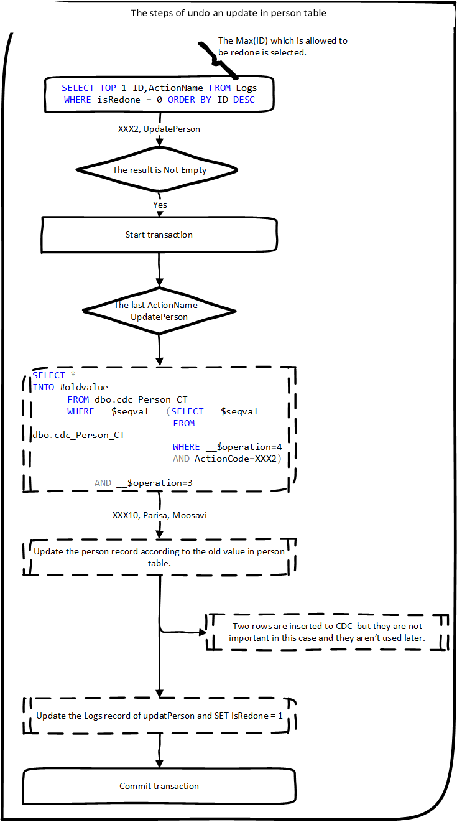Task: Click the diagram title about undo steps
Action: (228, 12)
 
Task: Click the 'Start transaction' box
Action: (159, 235)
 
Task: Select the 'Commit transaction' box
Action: (159, 786)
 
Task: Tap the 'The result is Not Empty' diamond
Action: (159, 170)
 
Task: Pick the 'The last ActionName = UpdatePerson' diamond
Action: (159, 311)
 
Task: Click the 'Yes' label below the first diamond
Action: (160, 205)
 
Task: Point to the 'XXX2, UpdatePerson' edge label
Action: (159, 129)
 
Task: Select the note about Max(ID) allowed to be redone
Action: (282, 47)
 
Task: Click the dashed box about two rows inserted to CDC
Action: (327, 632)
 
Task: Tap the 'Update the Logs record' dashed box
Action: (159, 716)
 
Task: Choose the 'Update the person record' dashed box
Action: (159, 557)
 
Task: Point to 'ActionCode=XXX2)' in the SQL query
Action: (238, 459)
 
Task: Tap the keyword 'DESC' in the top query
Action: (244, 100)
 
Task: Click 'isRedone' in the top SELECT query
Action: (111, 100)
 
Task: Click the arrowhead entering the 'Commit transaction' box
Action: (159, 764)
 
